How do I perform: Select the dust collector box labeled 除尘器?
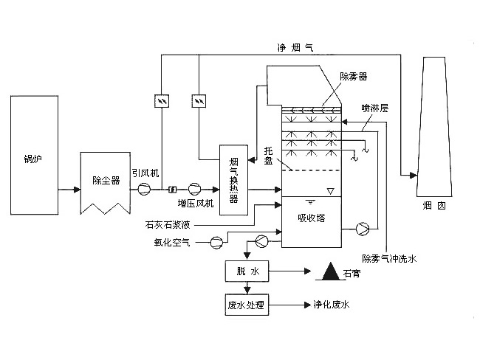pyautogui.click(x=106, y=180)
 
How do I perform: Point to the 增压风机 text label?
pyautogui.click(x=195, y=204)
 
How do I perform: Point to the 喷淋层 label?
pyautogui.click(x=374, y=107)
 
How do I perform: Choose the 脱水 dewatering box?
pyautogui.click(x=247, y=271)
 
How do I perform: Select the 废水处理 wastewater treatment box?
pyautogui.click(x=247, y=303)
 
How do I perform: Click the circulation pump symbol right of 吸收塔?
pyautogui.click(x=362, y=228)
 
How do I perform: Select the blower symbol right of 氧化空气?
pyautogui.click(x=216, y=241)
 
